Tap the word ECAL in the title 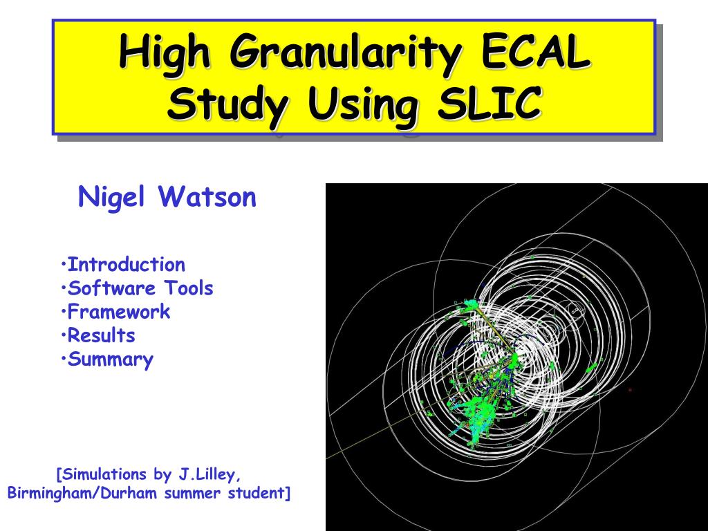click(536, 51)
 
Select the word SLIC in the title click(490, 102)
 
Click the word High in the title click(165, 53)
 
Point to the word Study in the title click(227, 104)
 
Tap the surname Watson click(207, 196)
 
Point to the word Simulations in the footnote click(102, 474)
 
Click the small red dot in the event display click(630, 390)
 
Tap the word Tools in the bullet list click(188, 288)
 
